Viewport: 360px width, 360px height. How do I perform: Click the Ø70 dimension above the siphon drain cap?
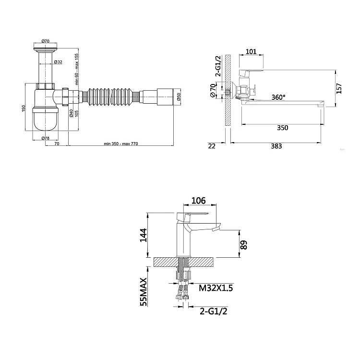point(46,41)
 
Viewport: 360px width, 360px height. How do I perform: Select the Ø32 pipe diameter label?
point(58,62)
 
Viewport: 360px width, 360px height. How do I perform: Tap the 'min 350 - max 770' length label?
point(121,144)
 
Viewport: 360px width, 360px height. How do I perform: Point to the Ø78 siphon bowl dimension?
point(46,138)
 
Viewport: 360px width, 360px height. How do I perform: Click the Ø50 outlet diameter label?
point(179,96)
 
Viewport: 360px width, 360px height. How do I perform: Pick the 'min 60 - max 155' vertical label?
point(77,69)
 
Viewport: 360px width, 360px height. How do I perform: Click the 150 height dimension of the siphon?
point(24,108)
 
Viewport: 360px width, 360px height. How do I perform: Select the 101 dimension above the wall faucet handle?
point(251,51)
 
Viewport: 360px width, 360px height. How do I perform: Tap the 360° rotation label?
point(278,97)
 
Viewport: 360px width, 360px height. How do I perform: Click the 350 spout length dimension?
point(282,128)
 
